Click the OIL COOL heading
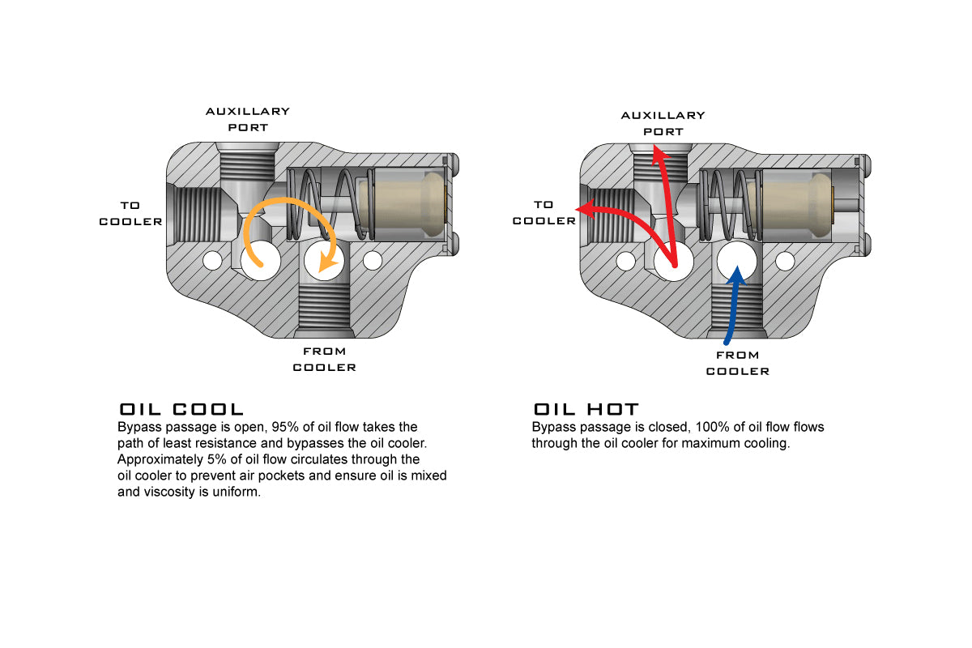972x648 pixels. click(x=181, y=409)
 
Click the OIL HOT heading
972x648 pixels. click(x=586, y=409)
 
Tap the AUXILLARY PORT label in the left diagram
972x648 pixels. click(x=247, y=119)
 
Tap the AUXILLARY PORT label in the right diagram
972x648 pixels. click(x=663, y=123)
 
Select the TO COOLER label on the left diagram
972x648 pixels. click(x=130, y=214)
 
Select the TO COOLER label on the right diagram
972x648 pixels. click(x=544, y=213)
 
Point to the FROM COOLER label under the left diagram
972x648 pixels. click(x=324, y=359)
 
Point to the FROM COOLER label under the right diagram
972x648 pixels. click(x=737, y=363)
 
